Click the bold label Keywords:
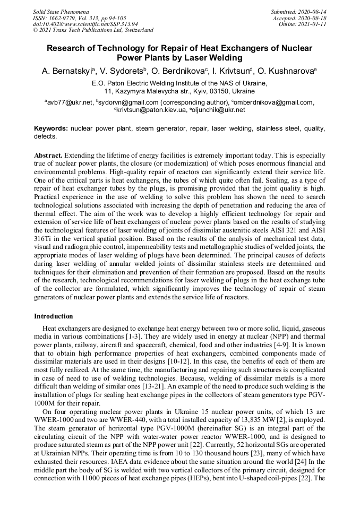51,128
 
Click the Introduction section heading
54,316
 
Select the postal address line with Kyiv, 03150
179,91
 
